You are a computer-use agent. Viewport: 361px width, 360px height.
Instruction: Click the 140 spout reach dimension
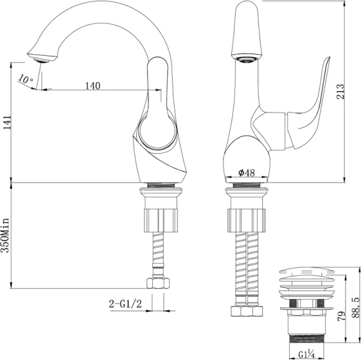[x=92, y=86]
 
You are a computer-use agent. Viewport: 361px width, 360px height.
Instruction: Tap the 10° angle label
[x=25, y=79]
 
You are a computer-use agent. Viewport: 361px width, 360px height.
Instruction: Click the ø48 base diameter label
[x=246, y=172]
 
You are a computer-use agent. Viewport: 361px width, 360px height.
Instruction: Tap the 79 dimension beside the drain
[x=339, y=316]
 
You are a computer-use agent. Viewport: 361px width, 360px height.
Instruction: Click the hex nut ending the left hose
[x=158, y=283]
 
